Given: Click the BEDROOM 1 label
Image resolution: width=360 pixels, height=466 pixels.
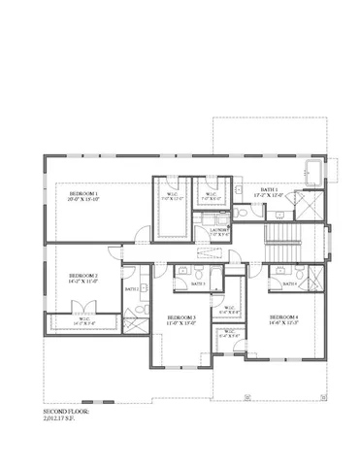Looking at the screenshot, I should (83, 194).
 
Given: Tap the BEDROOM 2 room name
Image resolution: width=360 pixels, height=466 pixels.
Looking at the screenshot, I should (82, 276).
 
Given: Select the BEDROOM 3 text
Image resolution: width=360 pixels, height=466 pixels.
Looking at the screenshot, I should (181, 317).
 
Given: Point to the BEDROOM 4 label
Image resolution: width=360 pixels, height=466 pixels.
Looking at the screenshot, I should (284, 317).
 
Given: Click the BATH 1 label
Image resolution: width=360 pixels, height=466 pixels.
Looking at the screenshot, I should (269, 189).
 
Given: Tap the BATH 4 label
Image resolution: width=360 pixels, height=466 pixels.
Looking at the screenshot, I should (288, 283).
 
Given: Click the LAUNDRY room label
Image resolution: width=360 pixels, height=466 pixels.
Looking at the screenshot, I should (219, 229).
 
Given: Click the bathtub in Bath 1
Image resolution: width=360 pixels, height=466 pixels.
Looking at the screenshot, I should (314, 174).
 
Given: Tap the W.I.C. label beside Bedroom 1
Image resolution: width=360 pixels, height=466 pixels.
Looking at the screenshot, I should (172, 193).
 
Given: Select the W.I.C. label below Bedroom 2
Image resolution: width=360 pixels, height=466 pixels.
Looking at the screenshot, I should (83, 317).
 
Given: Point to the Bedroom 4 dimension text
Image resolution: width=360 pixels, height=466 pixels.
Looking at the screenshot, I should (284, 323).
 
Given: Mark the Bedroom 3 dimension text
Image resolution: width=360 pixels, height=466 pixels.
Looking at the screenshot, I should (181, 323).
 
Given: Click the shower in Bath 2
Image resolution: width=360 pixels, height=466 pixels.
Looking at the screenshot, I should (137, 313).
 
